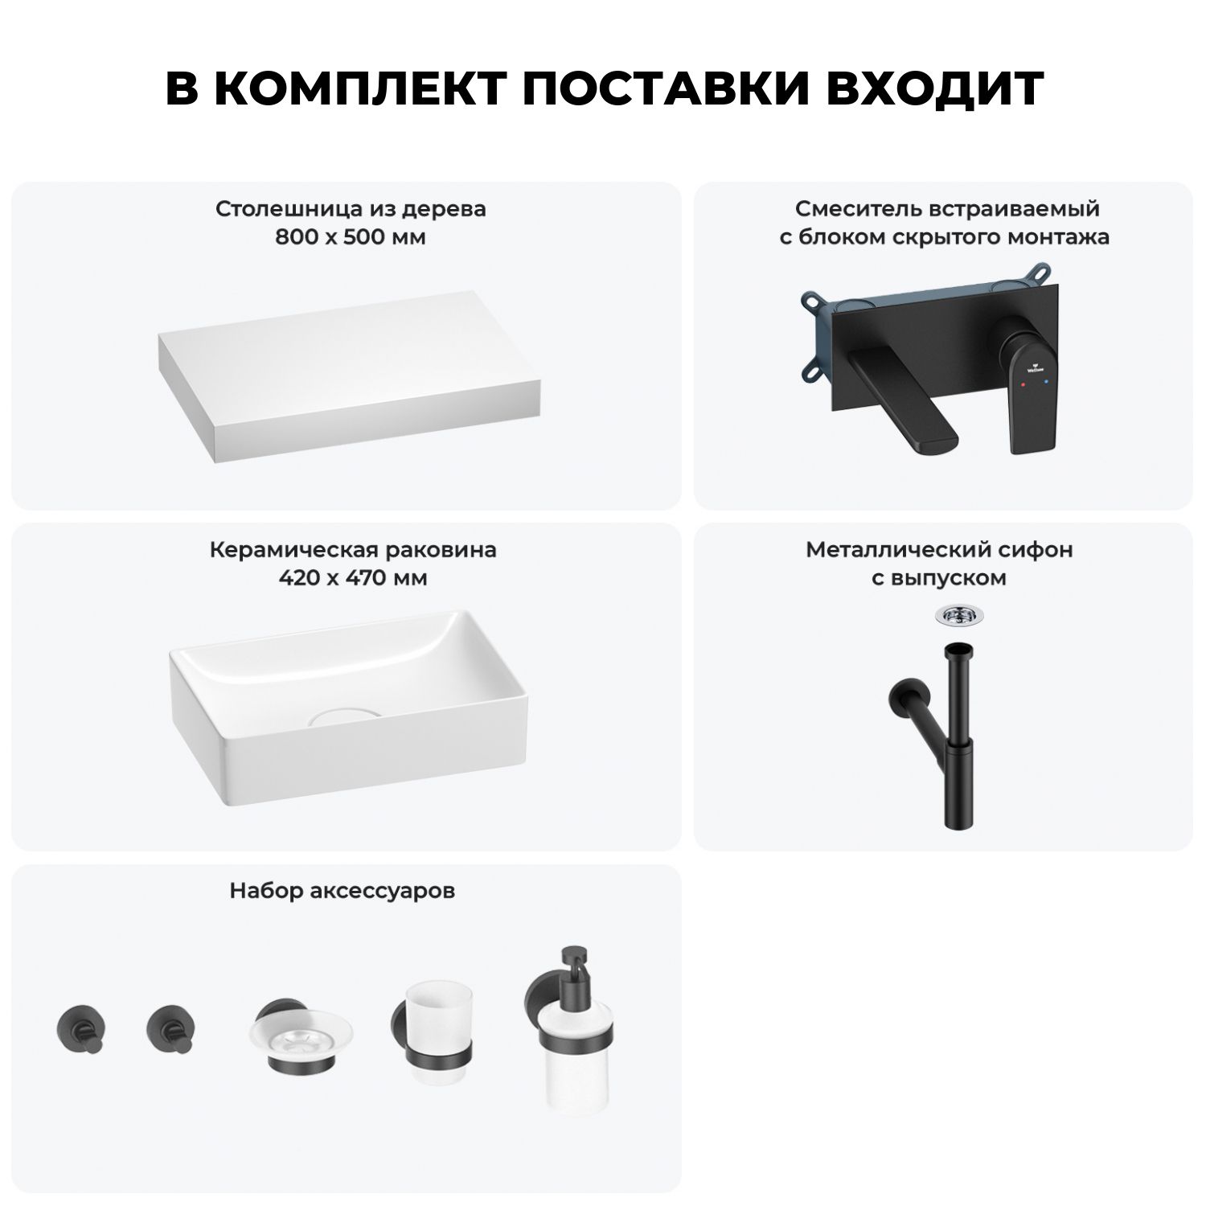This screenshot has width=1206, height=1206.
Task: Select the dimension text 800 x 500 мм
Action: [351, 237]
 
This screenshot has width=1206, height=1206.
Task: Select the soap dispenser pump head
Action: [573, 961]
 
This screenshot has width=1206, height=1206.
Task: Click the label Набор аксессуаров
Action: [343, 891]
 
